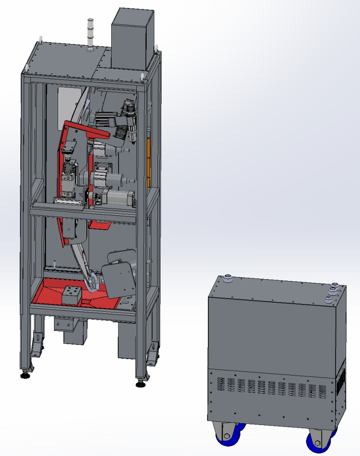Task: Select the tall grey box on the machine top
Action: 132,39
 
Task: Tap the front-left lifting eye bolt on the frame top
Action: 27,69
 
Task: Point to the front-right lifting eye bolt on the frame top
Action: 144,77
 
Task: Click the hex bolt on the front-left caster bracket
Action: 227,435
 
